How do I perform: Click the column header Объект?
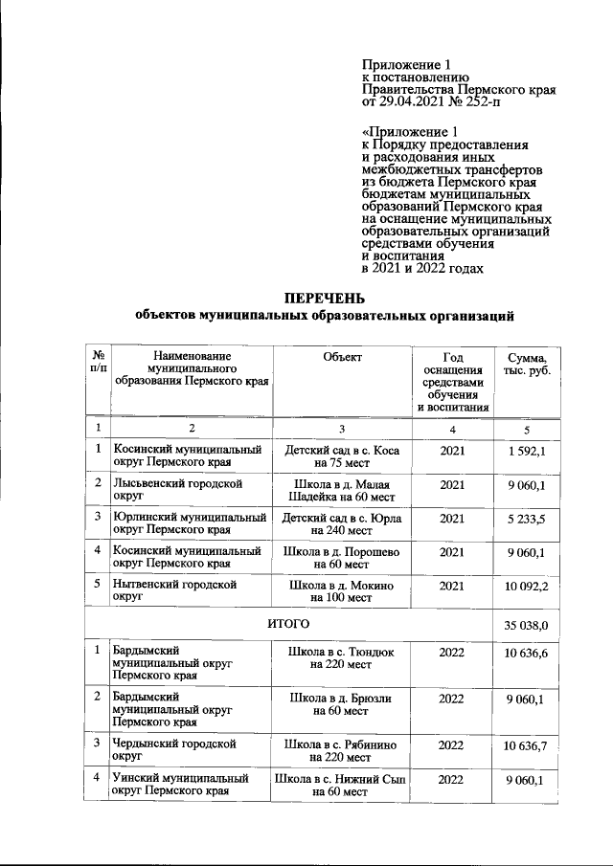342,357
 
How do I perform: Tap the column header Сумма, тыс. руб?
526,364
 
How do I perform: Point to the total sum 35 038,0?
526,626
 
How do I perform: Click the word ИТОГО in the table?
287,625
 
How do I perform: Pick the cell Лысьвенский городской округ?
177,492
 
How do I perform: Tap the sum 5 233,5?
526,519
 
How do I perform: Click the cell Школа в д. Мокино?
342,590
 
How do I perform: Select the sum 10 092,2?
526,585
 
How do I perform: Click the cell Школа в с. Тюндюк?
342,658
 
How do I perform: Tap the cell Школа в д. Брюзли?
342,704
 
